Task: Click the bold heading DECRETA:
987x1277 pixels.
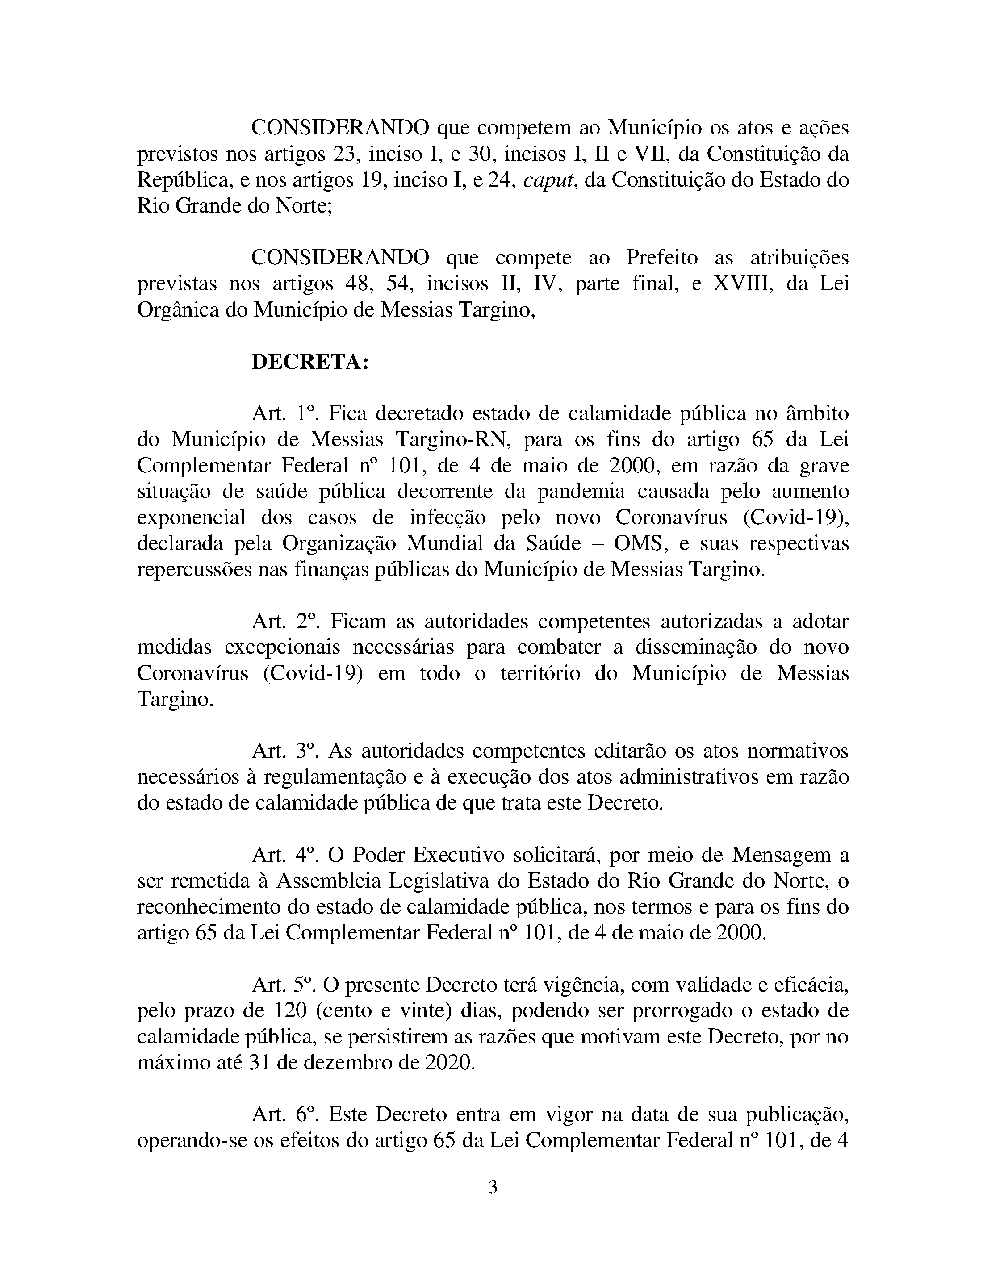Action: [x=310, y=363]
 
